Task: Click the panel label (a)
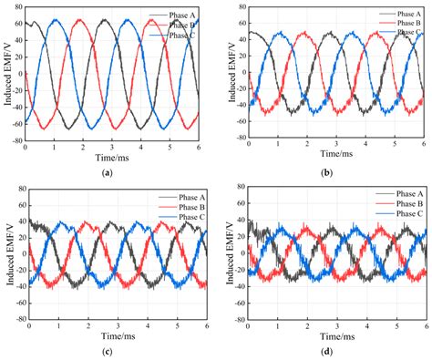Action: [x=108, y=172]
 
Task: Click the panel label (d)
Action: [x=324, y=352]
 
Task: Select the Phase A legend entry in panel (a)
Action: [x=183, y=15]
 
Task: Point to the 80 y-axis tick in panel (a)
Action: [x=18, y=6]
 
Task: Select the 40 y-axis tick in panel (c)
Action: [x=18, y=221]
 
